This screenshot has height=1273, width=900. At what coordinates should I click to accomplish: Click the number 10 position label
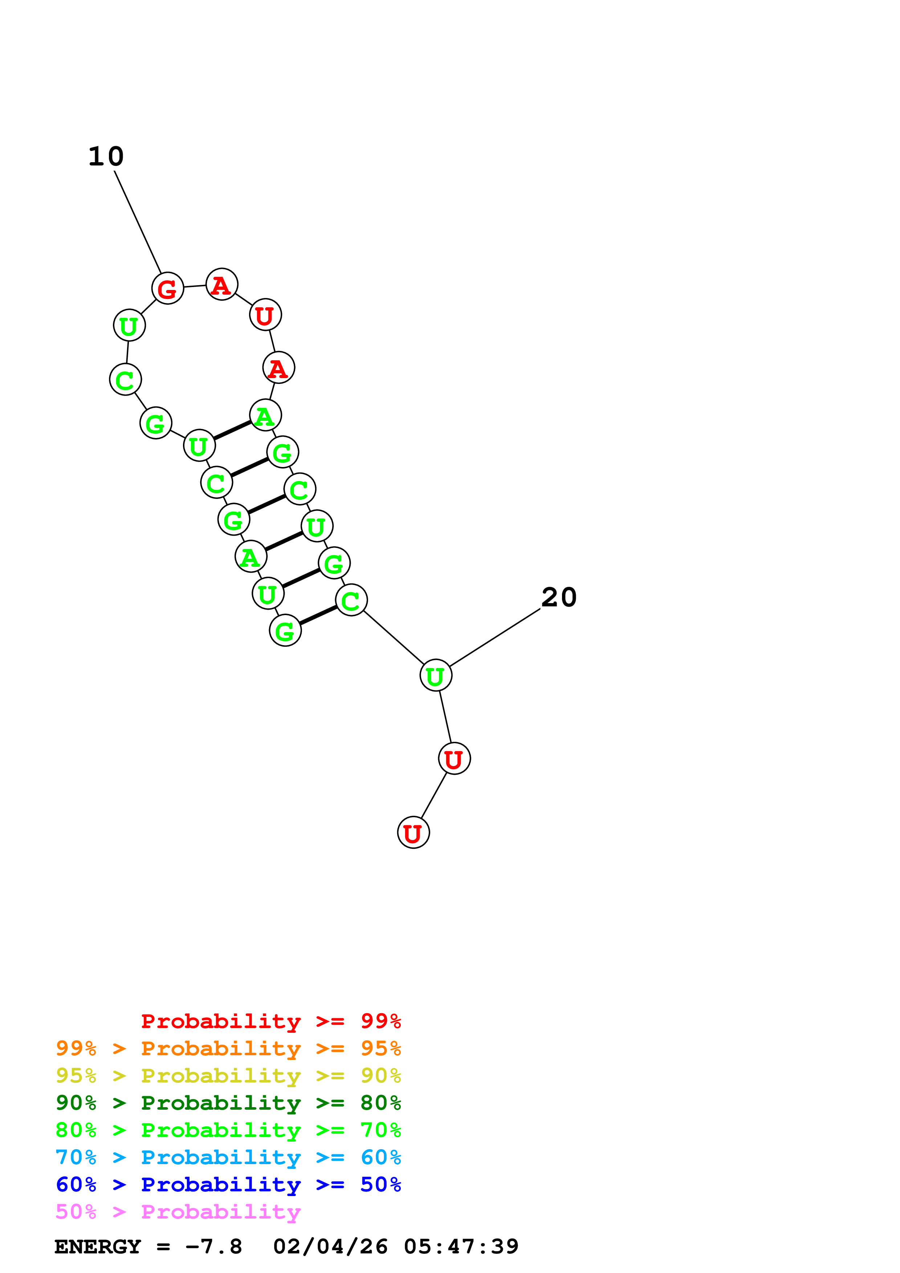coord(106,157)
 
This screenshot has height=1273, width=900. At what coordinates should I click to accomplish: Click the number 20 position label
coord(559,598)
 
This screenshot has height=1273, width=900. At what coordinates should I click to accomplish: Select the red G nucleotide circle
coord(167,288)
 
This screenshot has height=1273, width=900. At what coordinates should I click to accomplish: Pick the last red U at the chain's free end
coord(413,833)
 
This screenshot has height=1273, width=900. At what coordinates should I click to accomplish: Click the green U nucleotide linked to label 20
coord(436,675)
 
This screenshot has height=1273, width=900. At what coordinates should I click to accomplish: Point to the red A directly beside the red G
coord(222,285)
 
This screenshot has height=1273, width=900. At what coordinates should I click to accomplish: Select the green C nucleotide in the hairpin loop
coord(125,380)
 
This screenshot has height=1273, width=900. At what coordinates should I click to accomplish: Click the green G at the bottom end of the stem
coord(285,630)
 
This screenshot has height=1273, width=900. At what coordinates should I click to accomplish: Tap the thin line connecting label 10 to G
coord(138,222)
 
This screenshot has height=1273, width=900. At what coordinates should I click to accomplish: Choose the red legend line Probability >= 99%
coord(270,1021)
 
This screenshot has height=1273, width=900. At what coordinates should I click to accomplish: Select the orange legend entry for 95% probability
coord(228,1048)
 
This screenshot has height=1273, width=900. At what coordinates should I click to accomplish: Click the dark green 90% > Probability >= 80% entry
coord(228,1103)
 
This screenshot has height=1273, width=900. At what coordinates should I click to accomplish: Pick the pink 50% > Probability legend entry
coord(178,1211)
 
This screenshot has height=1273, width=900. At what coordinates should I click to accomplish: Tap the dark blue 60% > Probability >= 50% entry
coord(228,1184)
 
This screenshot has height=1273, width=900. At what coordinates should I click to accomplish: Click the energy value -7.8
coord(213,1247)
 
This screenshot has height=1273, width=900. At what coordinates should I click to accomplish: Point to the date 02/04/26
coord(330,1247)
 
